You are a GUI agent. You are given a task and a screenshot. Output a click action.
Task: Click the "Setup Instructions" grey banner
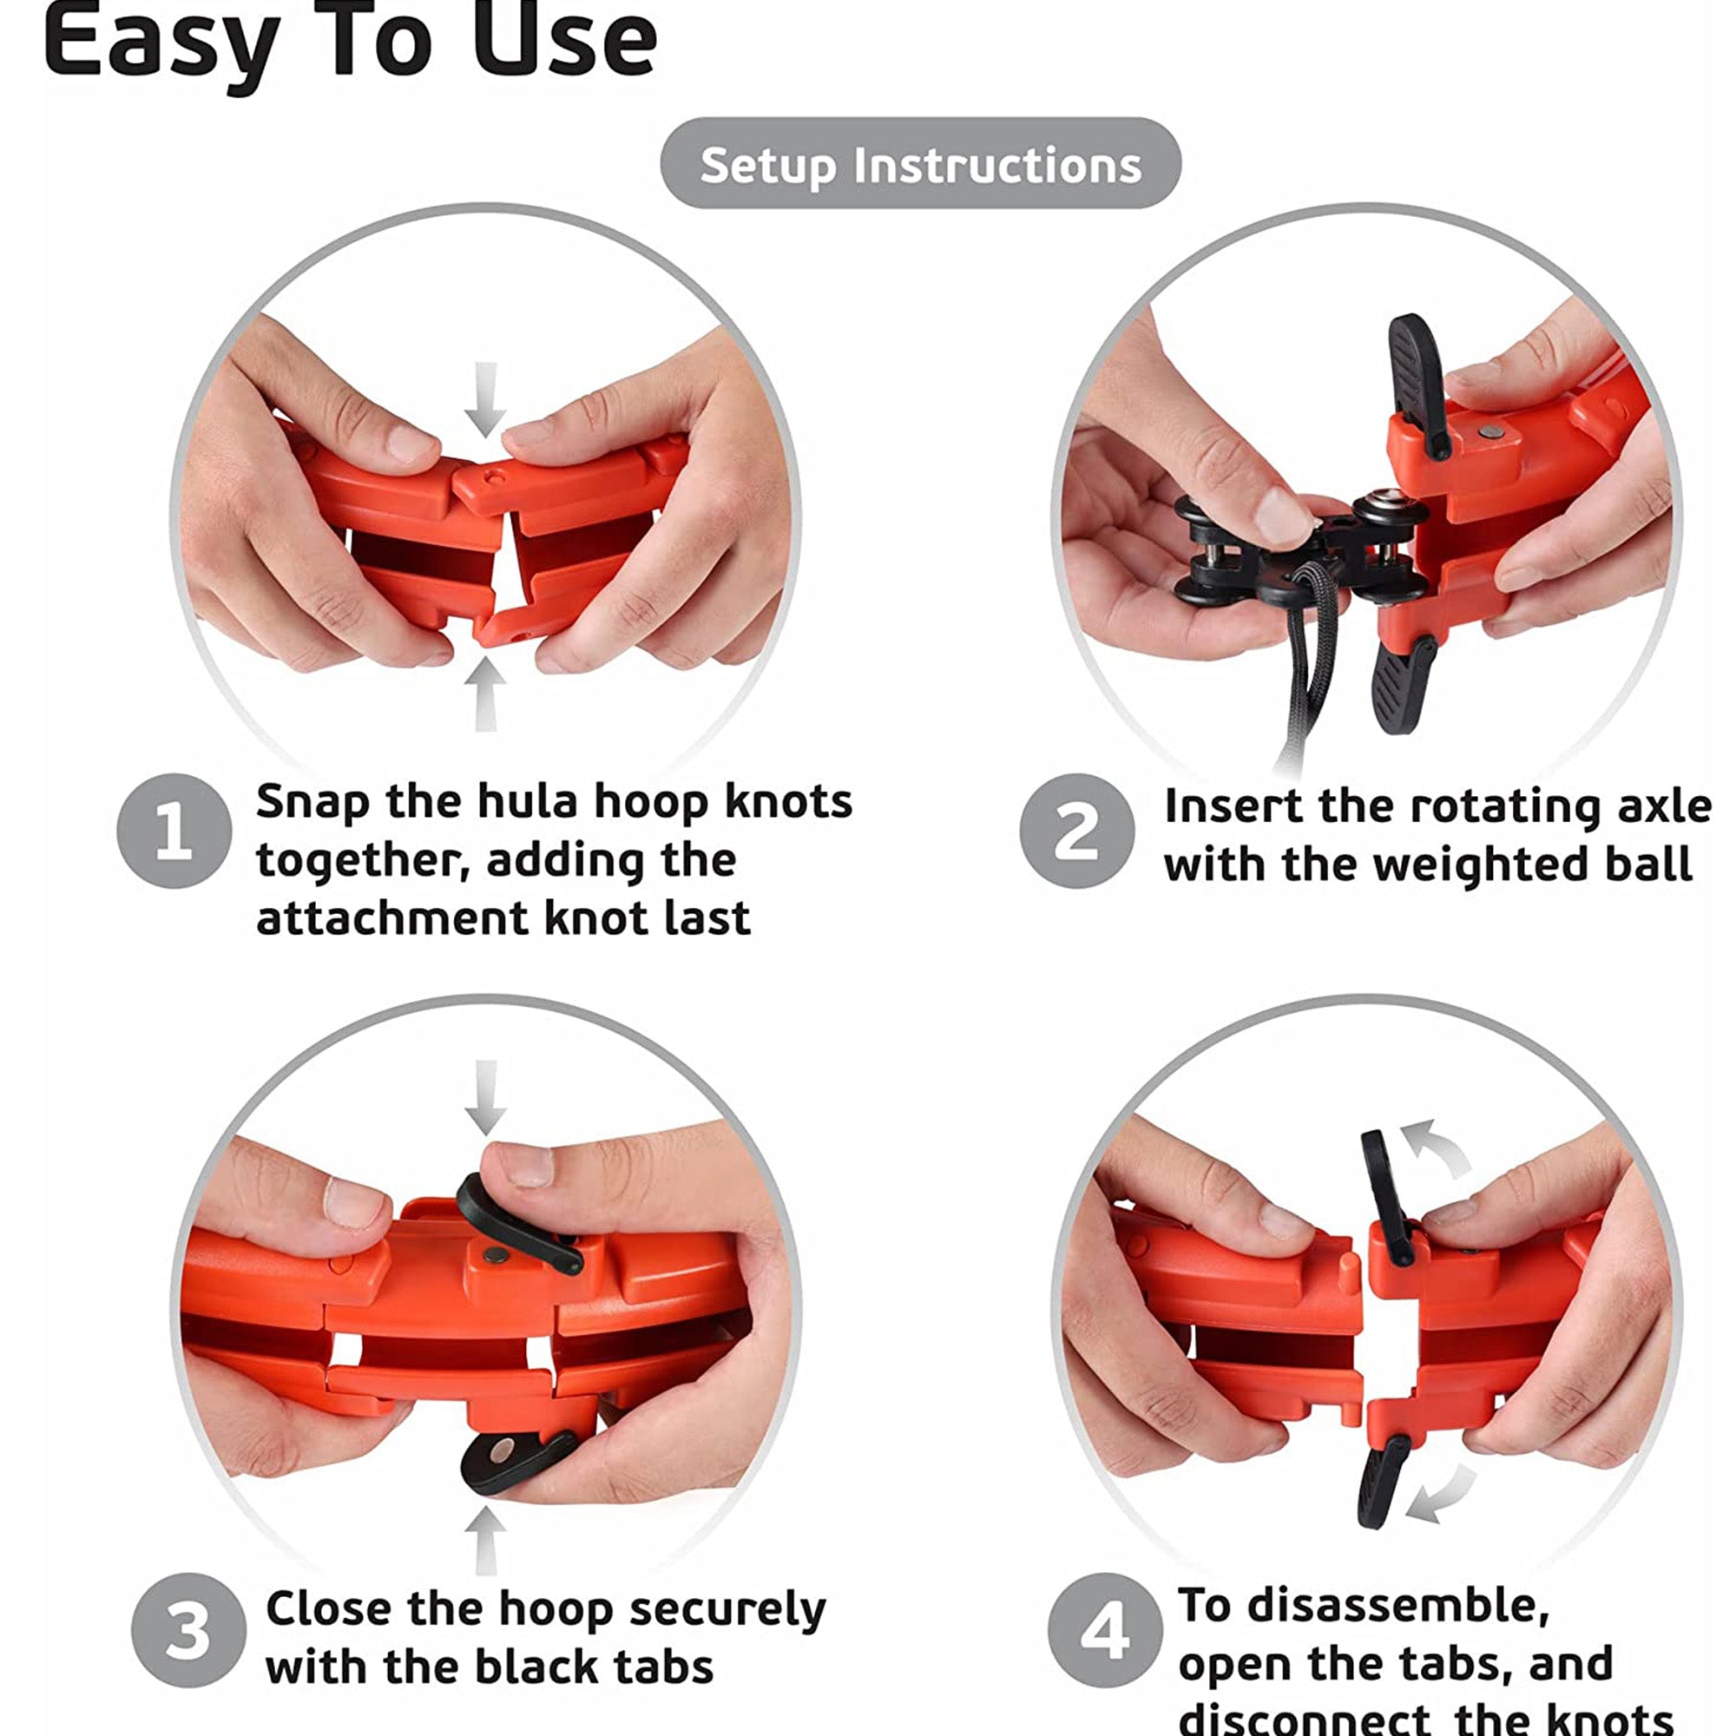920,163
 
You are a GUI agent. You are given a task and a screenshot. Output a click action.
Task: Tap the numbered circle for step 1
174,832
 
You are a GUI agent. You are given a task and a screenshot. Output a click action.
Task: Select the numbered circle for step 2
1076,832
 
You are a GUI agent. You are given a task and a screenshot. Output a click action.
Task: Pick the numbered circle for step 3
188,1630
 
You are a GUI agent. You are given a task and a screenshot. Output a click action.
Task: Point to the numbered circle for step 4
1105,1630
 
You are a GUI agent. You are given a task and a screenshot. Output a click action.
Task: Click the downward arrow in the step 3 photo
486,1097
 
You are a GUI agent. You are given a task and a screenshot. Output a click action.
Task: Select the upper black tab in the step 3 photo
516,1222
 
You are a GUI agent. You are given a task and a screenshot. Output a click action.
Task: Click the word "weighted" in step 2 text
1462,865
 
